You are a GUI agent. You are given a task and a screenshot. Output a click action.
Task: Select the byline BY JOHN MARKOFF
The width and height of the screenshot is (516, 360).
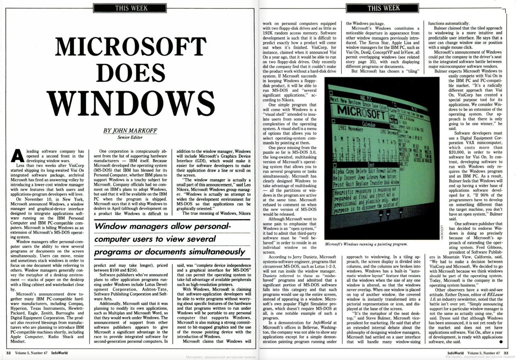click(129, 130)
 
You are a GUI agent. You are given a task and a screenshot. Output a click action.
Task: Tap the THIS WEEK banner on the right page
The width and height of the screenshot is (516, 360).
click(384, 8)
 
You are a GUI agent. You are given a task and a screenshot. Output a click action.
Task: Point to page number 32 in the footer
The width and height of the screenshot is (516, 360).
click(8, 353)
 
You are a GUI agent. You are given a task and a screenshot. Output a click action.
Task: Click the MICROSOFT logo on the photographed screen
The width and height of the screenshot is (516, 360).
click(362, 111)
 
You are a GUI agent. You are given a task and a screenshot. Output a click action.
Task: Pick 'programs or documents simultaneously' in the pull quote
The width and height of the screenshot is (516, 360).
click(170, 252)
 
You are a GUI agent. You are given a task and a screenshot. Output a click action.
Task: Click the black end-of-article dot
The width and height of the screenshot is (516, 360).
click(501, 341)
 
